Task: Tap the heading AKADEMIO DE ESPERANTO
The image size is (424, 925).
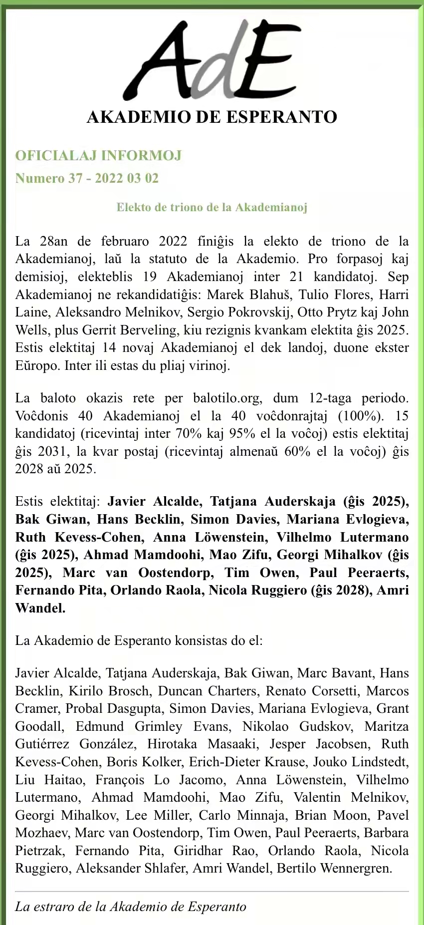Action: [212, 117]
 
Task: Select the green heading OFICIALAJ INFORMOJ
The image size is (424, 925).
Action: [98, 156]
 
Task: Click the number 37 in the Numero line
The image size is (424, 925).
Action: [75, 178]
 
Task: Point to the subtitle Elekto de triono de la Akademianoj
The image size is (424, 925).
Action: [212, 207]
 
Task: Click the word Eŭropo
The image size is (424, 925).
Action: [37, 365]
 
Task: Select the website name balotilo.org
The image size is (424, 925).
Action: [227, 398]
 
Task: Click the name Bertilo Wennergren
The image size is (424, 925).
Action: [334, 869]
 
